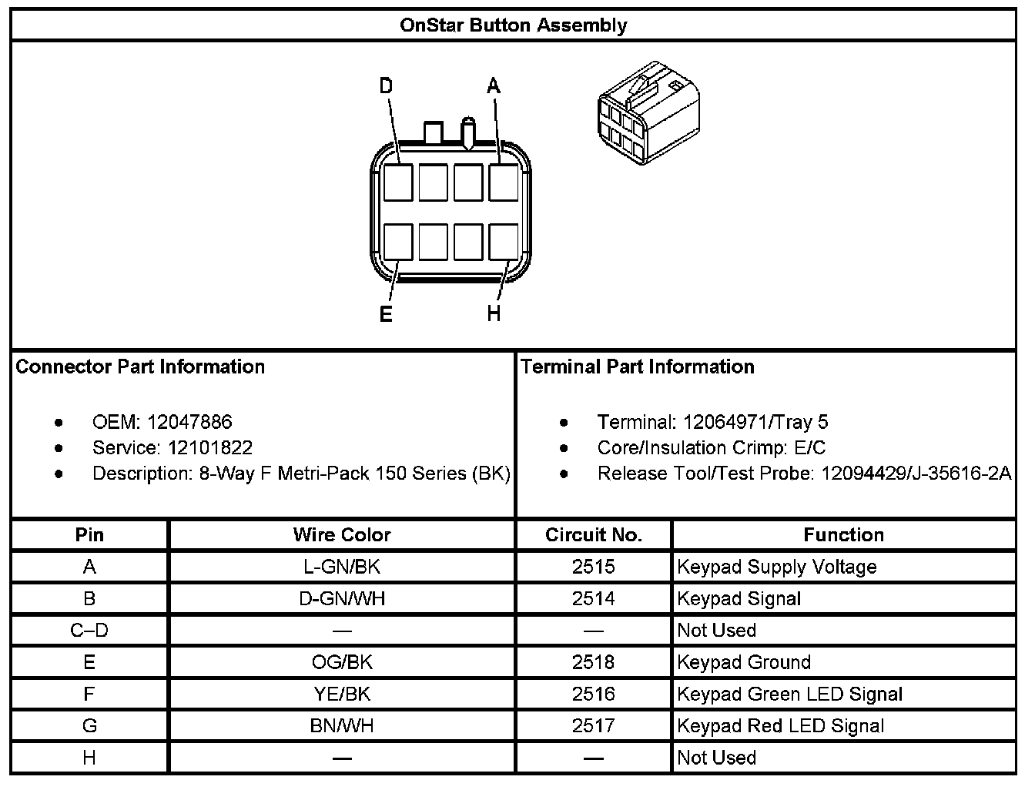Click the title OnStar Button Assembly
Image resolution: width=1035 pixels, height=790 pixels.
[513, 25]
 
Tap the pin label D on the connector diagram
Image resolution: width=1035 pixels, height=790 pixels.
[386, 85]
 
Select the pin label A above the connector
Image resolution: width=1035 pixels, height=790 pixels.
[494, 85]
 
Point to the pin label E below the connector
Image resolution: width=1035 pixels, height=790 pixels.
[386, 314]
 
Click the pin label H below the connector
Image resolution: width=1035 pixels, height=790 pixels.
[494, 314]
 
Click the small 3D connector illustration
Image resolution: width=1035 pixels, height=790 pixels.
[648, 113]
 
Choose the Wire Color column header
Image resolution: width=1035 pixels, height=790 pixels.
[342, 535]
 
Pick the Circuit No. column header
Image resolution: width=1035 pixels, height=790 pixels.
[593, 535]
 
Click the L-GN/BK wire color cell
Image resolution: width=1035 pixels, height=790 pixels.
[342, 567]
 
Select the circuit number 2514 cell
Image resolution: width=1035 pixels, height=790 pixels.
[593, 599]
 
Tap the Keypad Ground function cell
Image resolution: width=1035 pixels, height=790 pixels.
[743, 662]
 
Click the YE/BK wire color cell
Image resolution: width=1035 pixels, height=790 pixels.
[342, 695]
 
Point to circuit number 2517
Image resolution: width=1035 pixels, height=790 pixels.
[593, 726]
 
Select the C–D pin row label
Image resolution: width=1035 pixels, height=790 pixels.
[89, 631]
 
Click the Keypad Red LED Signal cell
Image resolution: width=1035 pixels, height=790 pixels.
[780, 726]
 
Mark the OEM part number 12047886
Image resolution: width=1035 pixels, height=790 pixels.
[189, 422]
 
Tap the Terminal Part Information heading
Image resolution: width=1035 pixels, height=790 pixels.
[638, 367]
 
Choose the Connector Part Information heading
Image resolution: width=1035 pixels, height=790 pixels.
[140, 367]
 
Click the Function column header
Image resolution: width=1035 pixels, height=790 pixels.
[843, 535]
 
